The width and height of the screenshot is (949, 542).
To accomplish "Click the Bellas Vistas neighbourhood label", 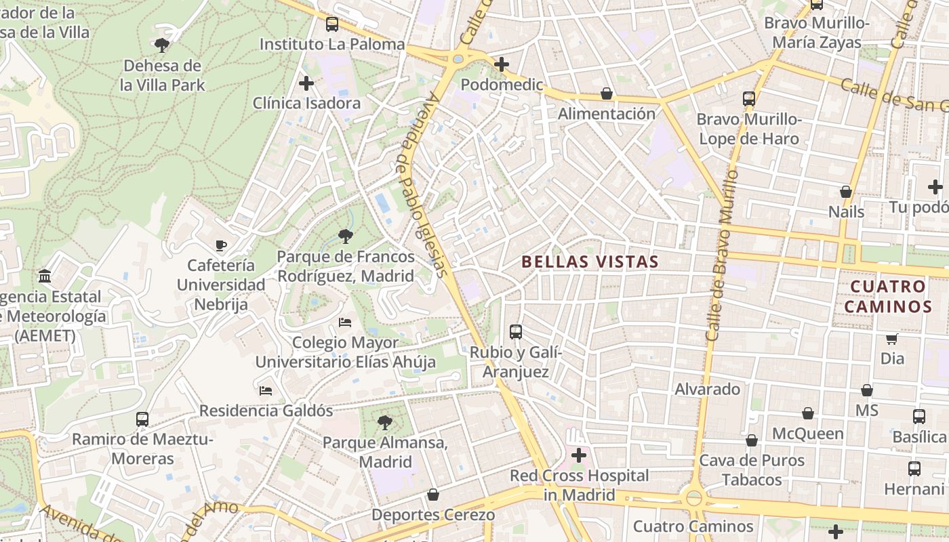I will click(590, 262).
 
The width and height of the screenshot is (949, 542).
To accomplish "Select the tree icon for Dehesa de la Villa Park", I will click(161, 45).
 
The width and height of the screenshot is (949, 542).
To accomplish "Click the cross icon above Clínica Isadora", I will click(306, 83).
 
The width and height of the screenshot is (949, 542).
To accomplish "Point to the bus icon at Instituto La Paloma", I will click(331, 24).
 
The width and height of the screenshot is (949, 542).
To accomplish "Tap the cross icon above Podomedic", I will click(502, 64).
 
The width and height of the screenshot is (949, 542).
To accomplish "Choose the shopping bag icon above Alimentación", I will click(607, 93).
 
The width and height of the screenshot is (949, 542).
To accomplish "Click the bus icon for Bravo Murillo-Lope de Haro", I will click(749, 99).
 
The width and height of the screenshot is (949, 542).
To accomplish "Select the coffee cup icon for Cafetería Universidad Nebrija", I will click(220, 245).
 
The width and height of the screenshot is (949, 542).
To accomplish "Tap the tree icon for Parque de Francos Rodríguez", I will click(346, 236).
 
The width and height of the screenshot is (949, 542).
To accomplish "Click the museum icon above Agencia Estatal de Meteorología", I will click(45, 276).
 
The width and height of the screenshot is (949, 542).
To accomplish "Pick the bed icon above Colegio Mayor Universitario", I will click(345, 322).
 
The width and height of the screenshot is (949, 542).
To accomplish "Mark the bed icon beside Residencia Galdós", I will click(266, 391).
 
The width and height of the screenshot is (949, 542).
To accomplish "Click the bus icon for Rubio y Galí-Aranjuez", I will click(516, 332).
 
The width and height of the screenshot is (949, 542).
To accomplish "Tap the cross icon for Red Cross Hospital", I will click(578, 455).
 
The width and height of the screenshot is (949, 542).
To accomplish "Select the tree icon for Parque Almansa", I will click(385, 423).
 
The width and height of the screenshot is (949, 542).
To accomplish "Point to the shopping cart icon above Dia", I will click(892, 339).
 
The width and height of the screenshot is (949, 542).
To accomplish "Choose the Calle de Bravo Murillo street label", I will click(722, 254).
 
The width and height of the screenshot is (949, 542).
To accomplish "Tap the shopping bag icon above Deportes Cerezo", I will click(433, 495).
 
